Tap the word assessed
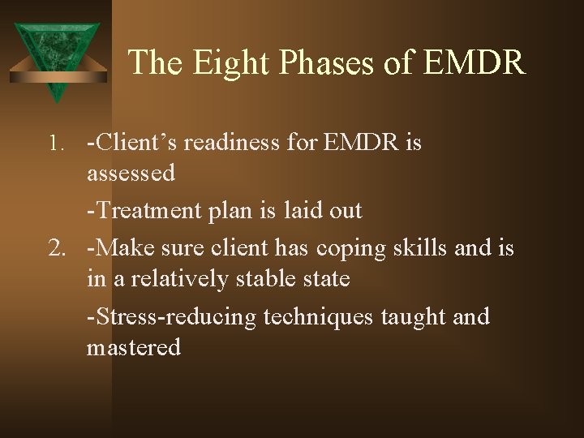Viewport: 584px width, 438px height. tap(131, 173)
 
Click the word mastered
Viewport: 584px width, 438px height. tap(134, 347)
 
